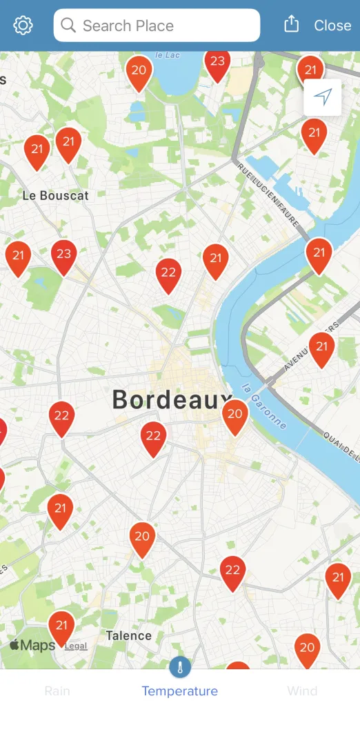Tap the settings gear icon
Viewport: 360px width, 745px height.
click(23, 26)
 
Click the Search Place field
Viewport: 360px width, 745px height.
click(157, 26)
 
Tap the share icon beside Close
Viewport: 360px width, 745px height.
click(292, 25)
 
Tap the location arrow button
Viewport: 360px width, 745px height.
click(323, 97)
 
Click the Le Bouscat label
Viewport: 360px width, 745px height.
click(56, 195)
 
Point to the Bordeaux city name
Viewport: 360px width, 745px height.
click(172, 399)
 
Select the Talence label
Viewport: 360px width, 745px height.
click(128, 635)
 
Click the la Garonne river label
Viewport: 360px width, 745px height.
click(265, 406)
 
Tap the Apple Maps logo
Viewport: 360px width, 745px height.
click(32, 646)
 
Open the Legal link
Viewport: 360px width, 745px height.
click(76, 646)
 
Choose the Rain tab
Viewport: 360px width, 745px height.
click(57, 691)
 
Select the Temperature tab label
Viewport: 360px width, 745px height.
click(179, 691)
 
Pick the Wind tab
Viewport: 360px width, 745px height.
click(302, 691)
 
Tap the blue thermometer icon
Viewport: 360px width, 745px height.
click(180, 667)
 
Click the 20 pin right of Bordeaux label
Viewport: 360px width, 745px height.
click(235, 415)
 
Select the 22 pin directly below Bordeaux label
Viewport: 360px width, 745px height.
click(153, 437)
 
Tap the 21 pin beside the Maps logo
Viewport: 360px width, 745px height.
click(61, 626)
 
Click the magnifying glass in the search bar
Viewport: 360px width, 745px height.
click(68, 26)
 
